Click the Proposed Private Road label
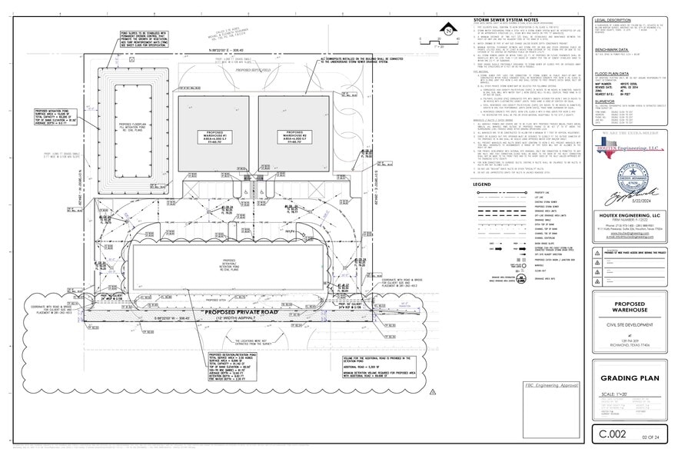[239, 312]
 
